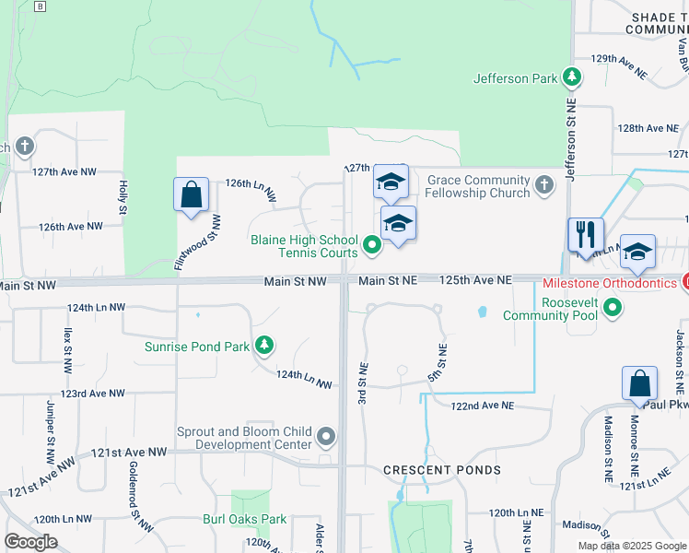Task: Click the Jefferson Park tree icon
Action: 572,78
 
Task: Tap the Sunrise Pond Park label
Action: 197,347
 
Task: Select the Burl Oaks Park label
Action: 245,519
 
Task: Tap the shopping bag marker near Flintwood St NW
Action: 191,194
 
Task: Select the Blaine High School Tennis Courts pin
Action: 371,245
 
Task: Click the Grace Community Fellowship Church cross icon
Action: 544,186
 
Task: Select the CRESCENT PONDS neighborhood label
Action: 442,470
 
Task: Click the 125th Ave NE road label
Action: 474,279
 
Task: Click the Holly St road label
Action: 122,196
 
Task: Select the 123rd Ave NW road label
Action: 95,393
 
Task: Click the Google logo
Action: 30,542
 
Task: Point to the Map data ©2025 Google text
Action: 631,546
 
